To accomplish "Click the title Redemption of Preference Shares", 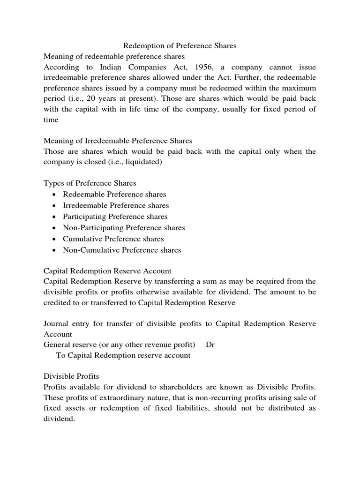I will pyautogui.click(x=180, y=46).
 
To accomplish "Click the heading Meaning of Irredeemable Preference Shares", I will pyautogui.click(x=118, y=141).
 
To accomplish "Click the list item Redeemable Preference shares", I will pyautogui.click(x=114, y=194).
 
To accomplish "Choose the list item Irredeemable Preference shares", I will pyautogui.click(x=116, y=205).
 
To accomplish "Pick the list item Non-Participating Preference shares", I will pyautogui.click(x=124, y=228).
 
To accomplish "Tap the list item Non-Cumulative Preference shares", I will pyautogui.click(x=122, y=250).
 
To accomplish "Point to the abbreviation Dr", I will pyautogui.click(x=210, y=345).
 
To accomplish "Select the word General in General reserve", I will pyautogui.click(x=57, y=345).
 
